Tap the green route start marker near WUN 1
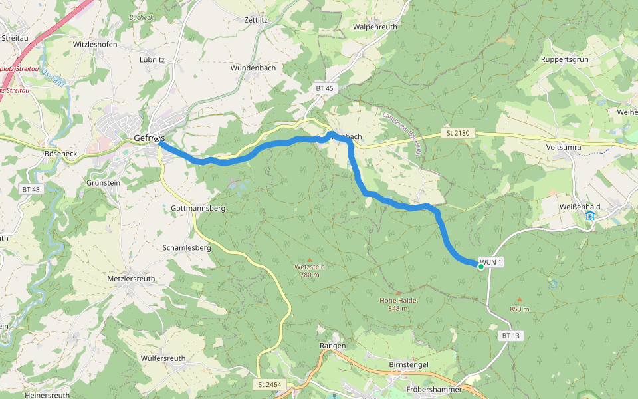(x=481, y=266)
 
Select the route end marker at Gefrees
(x=156, y=140)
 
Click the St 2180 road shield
(x=457, y=134)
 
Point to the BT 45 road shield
(x=324, y=88)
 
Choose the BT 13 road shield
(x=510, y=336)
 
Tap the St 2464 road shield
(x=270, y=384)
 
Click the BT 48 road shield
(x=31, y=190)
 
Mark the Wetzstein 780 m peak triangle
(x=309, y=259)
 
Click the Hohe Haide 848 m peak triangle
(x=398, y=293)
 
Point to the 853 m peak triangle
(x=519, y=300)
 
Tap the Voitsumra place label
(x=564, y=147)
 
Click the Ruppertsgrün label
(x=565, y=59)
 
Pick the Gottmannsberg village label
(x=198, y=208)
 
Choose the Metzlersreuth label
(x=132, y=279)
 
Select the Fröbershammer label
(x=433, y=389)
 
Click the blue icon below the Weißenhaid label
(x=590, y=216)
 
